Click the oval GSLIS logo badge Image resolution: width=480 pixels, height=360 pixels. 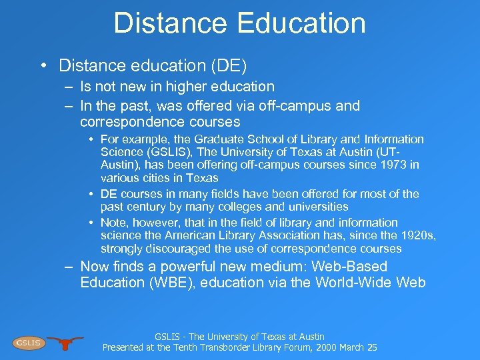coord(28,343)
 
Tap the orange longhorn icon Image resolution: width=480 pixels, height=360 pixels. coord(65,342)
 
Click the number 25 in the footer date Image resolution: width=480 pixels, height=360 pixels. coord(371,347)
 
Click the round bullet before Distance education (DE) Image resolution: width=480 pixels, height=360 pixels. coord(44,65)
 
